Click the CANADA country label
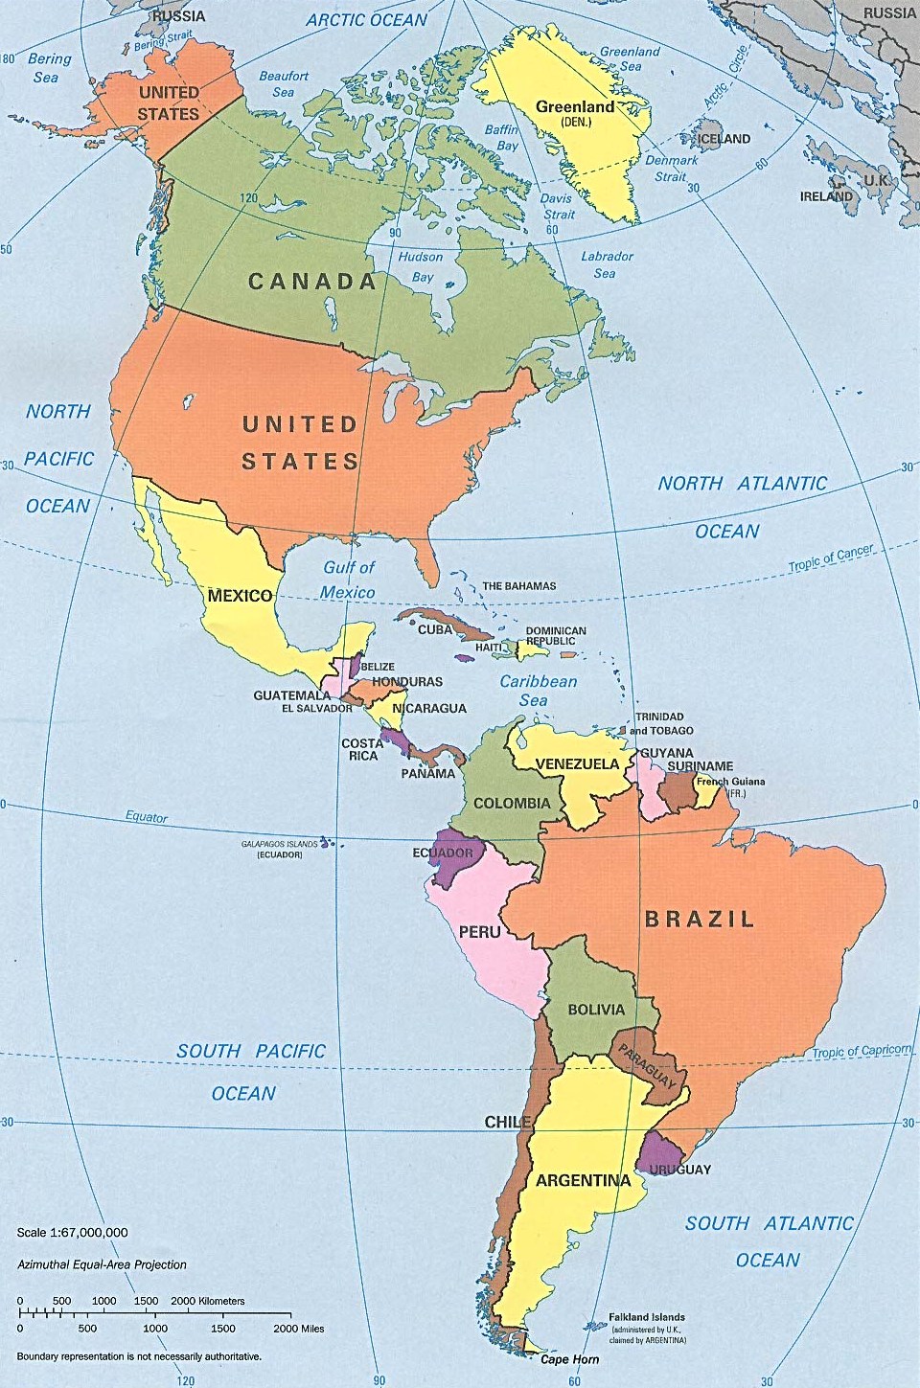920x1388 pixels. [312, 282]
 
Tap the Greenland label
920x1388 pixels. [575, 107]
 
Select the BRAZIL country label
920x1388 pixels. [700, 920]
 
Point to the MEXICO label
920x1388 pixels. [240, 596]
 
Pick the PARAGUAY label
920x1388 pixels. [647, 1066]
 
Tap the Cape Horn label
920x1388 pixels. [569, 1359]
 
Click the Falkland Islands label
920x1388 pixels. [647, 1318]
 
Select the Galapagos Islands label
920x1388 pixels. [279, 844]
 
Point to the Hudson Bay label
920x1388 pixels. [421, 266]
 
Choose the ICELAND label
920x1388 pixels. [724, 139]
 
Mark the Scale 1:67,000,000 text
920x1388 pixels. [72, 1233]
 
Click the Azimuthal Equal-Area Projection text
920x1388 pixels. [102, 1264]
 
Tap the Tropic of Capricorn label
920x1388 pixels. [862, 1051]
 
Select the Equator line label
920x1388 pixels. [146, 817]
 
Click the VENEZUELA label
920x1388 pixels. [577, 764]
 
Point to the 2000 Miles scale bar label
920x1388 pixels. [298, 1329]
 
